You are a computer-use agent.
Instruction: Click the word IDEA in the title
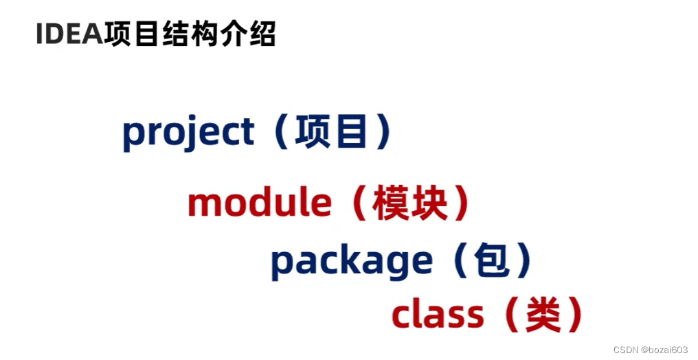(x=69, y=34)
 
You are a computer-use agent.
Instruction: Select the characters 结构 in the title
(x=190, y=34)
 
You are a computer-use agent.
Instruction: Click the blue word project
(x=188, y=133)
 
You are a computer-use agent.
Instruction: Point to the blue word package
(x=352, y=262)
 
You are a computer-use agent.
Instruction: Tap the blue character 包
(x=491, y=260)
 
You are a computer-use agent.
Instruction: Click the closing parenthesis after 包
(x=523, y=260)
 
